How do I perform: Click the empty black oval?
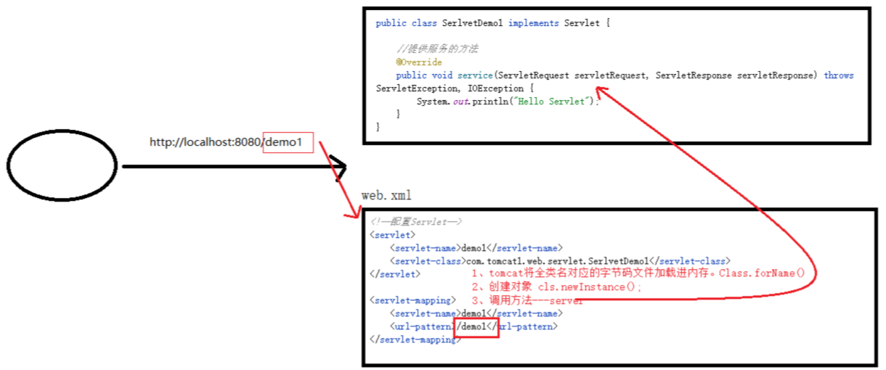tap(62, 165)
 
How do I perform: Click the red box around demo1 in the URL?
tap(288, 142)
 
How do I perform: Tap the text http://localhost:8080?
tap(206, 142)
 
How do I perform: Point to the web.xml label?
tap(386, 196)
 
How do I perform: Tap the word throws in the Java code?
tap(839, 75)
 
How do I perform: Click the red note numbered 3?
tap(527, 300)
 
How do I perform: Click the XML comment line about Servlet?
tap(415, 222)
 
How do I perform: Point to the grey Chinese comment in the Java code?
tap(437, 49)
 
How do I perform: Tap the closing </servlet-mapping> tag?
tap(415, 340)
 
